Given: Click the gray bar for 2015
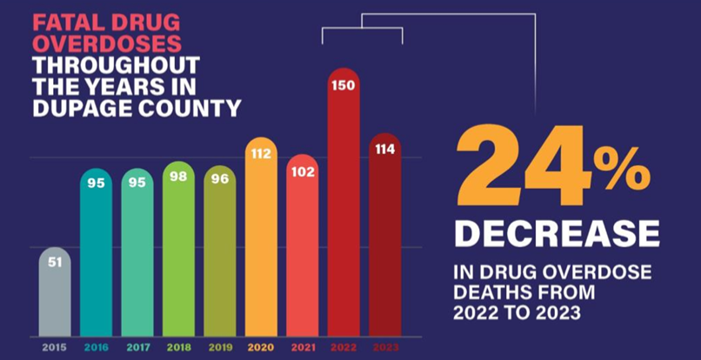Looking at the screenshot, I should pos(55,291).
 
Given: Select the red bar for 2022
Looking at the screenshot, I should pos(344,209).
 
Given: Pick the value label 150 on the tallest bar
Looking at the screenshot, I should pos(344,84).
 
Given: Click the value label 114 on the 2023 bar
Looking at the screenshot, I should pos(384,150).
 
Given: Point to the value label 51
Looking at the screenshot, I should pos(55,263).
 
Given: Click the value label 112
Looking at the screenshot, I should pos(261,154).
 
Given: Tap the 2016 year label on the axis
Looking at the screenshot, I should pos(96,346).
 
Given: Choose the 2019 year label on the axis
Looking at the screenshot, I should pos(220,346).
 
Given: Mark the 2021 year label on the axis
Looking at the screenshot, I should pos(302,346).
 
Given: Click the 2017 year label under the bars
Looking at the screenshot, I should pos(137,346).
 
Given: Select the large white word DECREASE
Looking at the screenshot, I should pos(556,232).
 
